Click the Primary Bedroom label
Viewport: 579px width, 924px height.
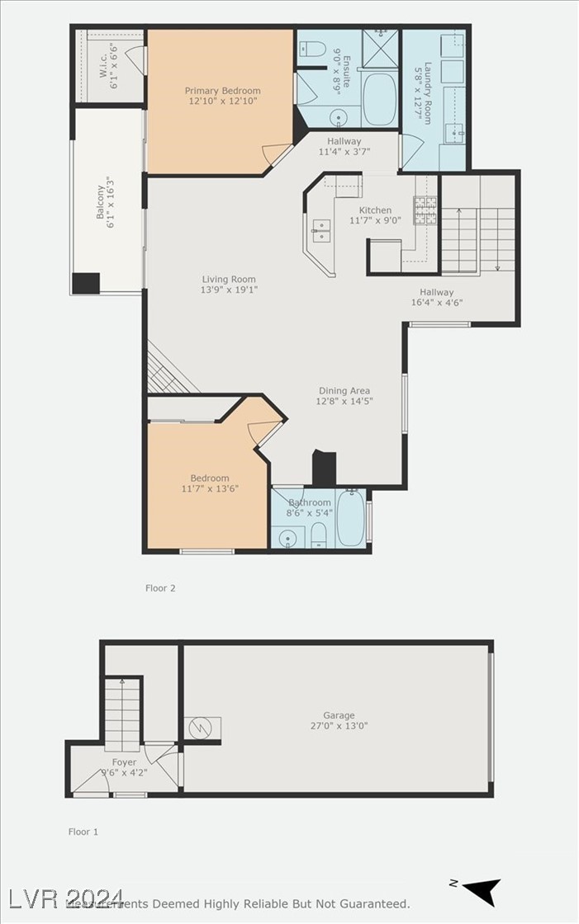pos(222,91)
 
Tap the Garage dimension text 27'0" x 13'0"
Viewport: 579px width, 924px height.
pos(339,727)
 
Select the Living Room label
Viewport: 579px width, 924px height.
pos(229,280)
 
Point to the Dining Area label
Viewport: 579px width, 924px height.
pos(344,391)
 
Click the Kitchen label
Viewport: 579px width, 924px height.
pos(375,210)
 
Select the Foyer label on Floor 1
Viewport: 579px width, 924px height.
pos(125,762)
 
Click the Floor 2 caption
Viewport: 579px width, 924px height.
pos(160,588)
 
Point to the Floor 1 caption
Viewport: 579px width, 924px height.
pos(83,832)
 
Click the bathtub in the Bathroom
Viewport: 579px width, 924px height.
pos(350,518)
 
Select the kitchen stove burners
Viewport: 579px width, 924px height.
pos(425,210)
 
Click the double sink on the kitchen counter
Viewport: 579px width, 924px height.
pos(320,230)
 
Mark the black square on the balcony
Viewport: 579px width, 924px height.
pos(86,283)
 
